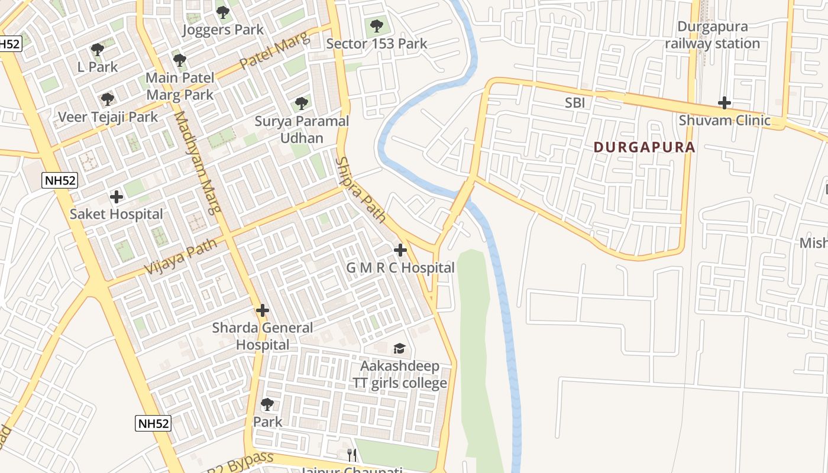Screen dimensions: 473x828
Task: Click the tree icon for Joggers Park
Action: pyautogui.click(x=222, y=12)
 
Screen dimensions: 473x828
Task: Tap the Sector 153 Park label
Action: pyautogui.click(x=377, y=44)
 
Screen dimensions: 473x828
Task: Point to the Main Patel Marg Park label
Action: pyautogui.click(x=180, y=86)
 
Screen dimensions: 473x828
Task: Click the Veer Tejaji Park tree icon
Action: pyautogui.click(x=107, y=99)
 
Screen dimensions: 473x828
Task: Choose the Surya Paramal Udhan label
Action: pyautogui.click(x=302, y=129)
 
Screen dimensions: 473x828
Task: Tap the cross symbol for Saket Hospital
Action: pyautogui.click(x=117, y=196)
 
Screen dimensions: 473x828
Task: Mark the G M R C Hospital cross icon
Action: pyautogui.click(x=400, y=250)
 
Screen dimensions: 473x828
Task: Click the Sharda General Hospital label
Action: pyautogui.click(x=263, y=336)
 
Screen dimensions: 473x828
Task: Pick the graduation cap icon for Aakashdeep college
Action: pyautogui.click(x=400, y=348)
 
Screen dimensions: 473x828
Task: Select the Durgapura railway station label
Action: pyautogui.click(x=712, y=35)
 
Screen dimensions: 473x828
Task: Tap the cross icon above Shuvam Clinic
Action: pyautogui.click(x=724, y=103)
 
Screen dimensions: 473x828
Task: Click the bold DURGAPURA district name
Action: pyautogui.click(x=644, y=147)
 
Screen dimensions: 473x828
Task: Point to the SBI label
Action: pyautogui.click(x=575, y=103)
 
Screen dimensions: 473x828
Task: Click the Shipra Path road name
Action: pyautogui.click(x=361, y=190)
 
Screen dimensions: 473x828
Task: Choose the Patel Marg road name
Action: pyautogui.click(x=274, y=52)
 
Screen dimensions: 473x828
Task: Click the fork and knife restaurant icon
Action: pyautogui.click(x=352, y=455)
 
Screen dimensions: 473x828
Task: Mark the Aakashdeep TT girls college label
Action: pyautogui.click(x=400, y=374)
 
